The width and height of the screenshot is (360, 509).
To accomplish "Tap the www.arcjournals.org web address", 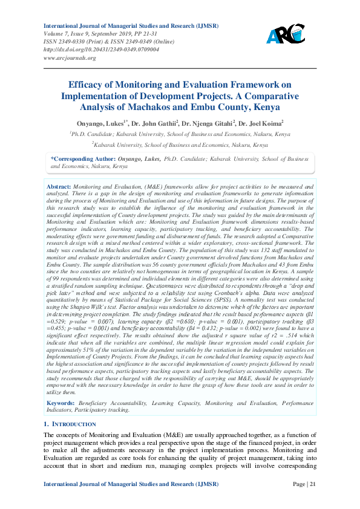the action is point(70,57).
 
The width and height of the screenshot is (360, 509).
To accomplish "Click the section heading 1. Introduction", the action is point(70,424).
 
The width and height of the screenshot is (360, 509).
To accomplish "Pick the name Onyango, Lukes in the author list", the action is point(103,122).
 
